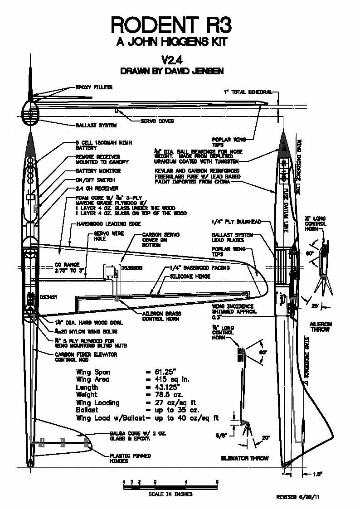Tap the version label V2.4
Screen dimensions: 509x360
coord(171,60)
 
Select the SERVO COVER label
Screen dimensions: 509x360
coord(156,121)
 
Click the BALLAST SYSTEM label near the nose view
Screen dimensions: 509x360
coord(96,125)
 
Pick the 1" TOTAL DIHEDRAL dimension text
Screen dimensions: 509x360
coord(248,92)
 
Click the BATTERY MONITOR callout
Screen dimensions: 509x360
coord(98,171)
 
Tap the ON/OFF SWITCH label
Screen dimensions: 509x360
coord(95,179)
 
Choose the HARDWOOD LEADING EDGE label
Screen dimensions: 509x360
coord(108,224)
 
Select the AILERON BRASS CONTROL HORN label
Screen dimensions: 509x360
coord(161,316)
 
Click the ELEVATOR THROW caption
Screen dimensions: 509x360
coord(245,458)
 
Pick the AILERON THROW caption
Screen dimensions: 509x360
coord(321,327)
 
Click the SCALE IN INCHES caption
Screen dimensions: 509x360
coord(170,494)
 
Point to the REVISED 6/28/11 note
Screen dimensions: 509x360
coord(300,497)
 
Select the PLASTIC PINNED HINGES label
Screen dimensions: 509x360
coord(131,458)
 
